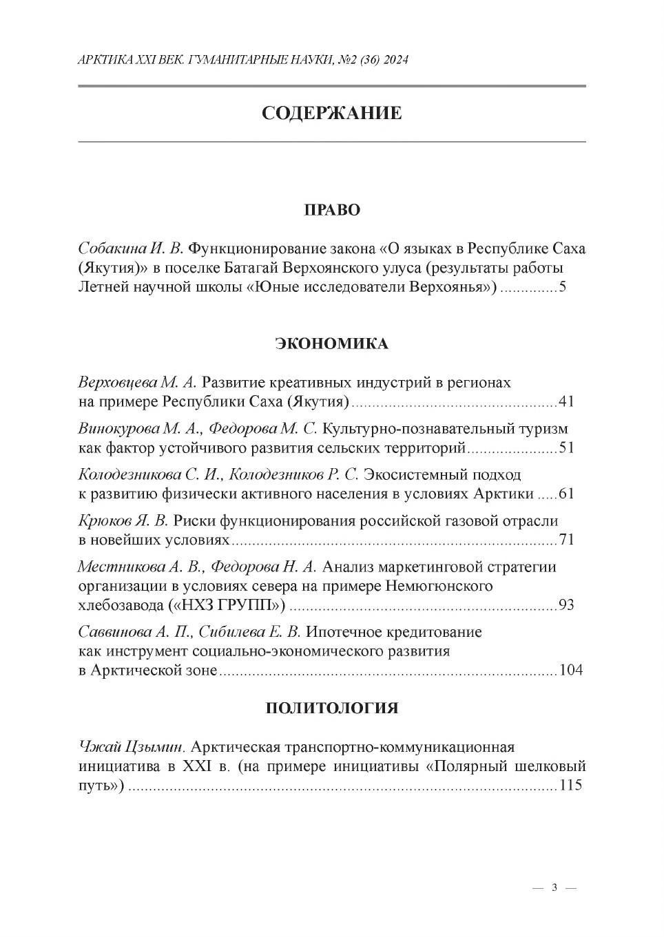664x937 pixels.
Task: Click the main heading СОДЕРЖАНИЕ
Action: (x=331, y=113)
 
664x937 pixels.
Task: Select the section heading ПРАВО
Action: (x=332, y=210)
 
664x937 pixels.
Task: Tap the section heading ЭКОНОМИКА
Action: (x=332, y=344)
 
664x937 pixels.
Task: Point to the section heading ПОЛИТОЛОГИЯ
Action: (x=332, y=708)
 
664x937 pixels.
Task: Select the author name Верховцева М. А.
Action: (x=138, y=382)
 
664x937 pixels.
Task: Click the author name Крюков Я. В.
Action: (x=123, y=521)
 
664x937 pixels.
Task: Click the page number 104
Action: (x=571, y=671)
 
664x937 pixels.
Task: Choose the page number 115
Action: (x=571, y=786)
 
